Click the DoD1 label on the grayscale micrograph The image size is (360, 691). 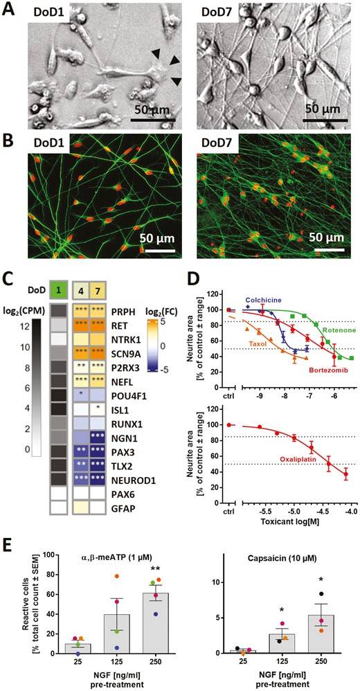pyautogui.click(x=48, y=12)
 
